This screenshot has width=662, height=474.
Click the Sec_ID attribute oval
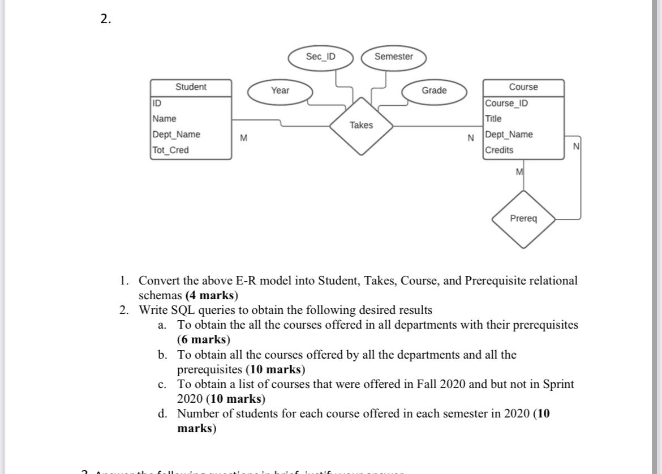pos(320,57)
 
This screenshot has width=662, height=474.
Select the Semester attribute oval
pos(393,57)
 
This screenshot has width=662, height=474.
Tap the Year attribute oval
pos(280,91)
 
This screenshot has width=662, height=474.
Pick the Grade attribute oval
pos(434,91)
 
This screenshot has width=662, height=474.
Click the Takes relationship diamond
pos(361,126)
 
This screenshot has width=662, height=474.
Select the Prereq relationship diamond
pos(523,218)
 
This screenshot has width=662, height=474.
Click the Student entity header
pos(191,87)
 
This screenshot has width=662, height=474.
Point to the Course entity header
pos(523,87)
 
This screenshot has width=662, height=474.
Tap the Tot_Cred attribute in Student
pos(170,150)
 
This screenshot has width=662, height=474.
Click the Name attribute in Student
pos(164,119)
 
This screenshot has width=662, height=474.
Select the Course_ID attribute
pos(506,104)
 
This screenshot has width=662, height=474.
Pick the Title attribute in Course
pos(493,119)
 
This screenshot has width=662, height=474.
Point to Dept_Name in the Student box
pos(176,135)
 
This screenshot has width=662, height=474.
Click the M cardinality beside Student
pos(244,138)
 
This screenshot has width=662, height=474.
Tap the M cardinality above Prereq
pos(519,171)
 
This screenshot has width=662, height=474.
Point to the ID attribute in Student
pos(157,104)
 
